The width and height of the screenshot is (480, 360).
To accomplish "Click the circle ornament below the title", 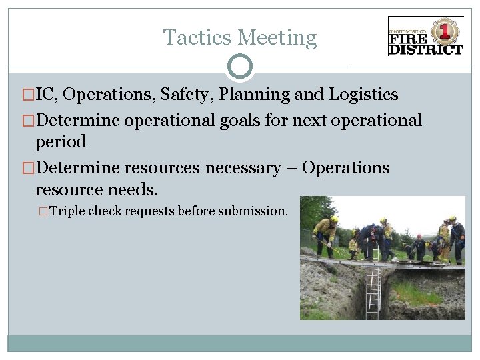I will click(x=240, y=67).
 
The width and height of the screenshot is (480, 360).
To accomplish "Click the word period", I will click(x=61, y=142).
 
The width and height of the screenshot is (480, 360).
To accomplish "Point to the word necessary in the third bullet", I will click(x=243, y=168).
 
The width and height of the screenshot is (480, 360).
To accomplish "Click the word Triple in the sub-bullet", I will click(x=68, y=211).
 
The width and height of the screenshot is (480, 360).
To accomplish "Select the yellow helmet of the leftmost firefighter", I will click(x=334, y=219).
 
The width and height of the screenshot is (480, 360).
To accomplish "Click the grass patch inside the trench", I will click(x=413, y=293).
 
